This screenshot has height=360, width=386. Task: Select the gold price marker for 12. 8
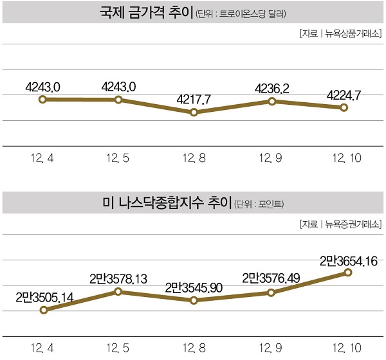tap(195, 113)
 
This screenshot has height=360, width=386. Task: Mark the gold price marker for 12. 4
tap(42, 99)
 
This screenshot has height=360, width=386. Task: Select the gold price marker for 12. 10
tap(344, 108)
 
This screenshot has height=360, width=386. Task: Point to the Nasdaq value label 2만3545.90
tap(194, 287)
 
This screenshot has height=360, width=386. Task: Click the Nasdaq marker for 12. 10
tap(348, 273)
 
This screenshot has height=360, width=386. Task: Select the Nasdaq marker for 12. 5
tap(118, 291)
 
